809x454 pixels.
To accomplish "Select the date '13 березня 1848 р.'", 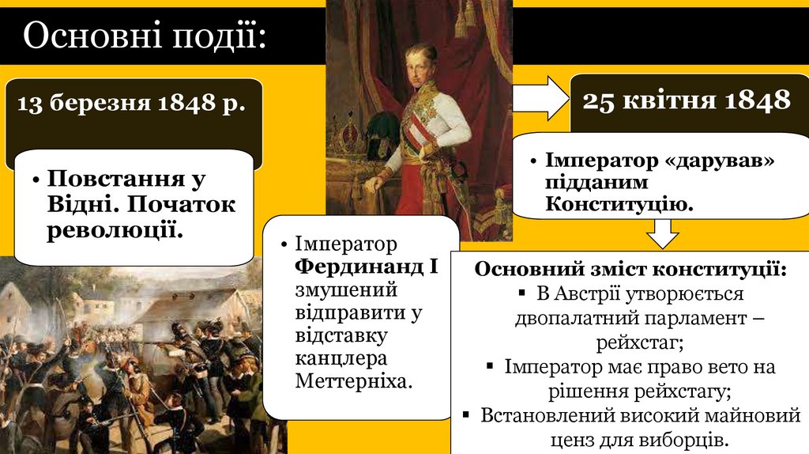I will point(130,103).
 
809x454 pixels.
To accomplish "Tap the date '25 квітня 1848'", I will point(687,100).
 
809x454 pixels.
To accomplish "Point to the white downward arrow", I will point(662,234).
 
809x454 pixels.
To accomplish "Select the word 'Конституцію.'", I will point(619,205).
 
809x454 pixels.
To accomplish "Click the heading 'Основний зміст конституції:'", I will point(630,268).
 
